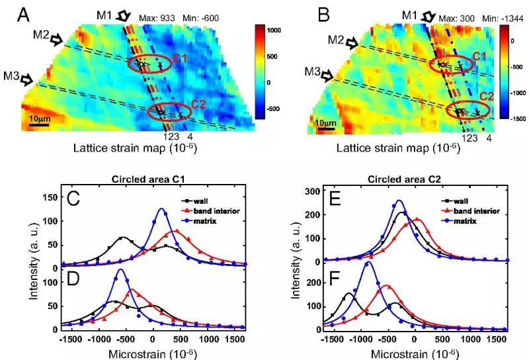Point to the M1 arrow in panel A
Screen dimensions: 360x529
124,15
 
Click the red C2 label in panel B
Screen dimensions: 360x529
486,97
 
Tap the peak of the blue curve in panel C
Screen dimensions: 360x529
161,209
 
